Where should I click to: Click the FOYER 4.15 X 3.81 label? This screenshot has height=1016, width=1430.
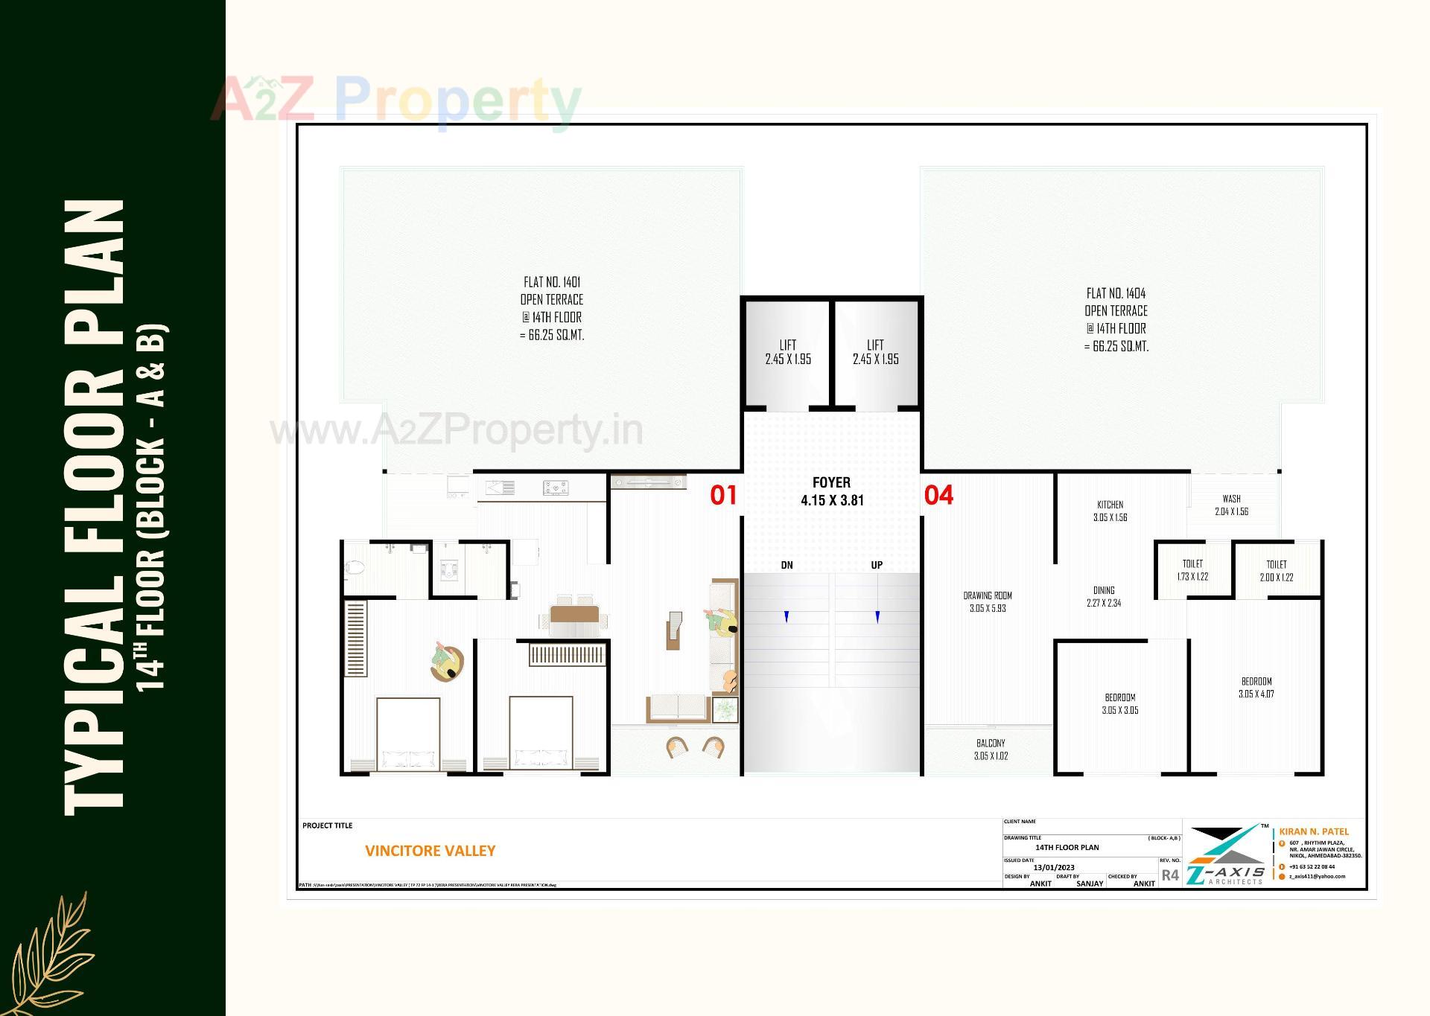pos(831,491)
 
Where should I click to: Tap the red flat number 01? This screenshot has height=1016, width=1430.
pos(722,495)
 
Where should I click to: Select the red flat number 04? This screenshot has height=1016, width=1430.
pos(938,495)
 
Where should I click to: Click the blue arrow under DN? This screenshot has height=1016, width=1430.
pos(786,616)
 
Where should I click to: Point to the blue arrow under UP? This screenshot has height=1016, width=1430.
pos(877,616)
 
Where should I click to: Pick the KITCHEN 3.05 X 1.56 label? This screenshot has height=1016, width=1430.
pos(1110,511)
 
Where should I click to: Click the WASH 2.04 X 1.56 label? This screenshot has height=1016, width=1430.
pos(1231,505)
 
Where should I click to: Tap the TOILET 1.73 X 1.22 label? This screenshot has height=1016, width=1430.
pos(1192,570)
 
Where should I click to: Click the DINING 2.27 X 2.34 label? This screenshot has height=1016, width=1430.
pos(1104,596)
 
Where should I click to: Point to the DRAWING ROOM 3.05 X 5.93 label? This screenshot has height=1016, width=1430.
pos(988,601)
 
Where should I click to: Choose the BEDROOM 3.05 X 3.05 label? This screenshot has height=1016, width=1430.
pos(1119,703)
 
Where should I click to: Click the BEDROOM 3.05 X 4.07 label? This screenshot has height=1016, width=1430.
pos(1256,687)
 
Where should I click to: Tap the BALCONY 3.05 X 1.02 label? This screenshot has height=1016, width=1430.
pos(991,749)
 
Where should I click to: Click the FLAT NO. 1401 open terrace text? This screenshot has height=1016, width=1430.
pos(551,308)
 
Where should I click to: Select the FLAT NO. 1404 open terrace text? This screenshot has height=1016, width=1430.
pos(1116,319)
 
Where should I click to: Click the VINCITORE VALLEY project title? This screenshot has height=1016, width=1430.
pos(430,851)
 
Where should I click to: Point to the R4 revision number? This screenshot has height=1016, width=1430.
pos(1170,875)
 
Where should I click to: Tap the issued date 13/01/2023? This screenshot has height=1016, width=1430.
pos(1054,867)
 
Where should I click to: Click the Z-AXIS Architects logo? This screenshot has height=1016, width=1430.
pos(1226,856)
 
